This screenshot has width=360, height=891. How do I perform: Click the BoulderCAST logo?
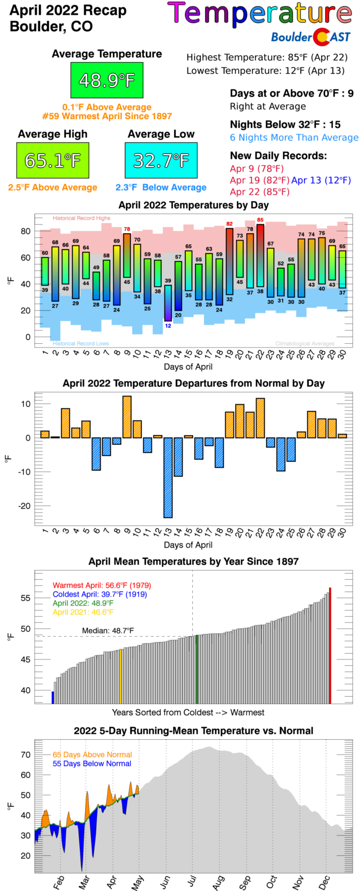pos(310,37)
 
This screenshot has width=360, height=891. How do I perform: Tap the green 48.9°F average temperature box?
pos(107,80)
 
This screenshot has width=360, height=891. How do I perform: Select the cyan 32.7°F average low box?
pos(161,160)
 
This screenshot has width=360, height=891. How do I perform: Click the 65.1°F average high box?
pos(53,160)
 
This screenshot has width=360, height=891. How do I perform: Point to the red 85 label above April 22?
pos(260,220)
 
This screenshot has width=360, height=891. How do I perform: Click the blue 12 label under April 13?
pos(168,326)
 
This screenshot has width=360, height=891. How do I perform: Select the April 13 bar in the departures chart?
pos(168,477)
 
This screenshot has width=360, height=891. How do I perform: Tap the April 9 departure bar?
pos(127,417)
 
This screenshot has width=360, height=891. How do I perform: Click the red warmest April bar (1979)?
pos(330,646)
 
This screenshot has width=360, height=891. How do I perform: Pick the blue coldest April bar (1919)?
pos(53,697)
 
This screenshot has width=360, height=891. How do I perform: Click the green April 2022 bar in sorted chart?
pos(197,669)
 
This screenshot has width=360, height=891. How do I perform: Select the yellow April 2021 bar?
pos(120,676)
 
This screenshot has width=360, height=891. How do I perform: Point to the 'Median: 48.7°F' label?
pos(108,631)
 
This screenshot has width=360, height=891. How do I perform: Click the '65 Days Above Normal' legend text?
pos(92,755)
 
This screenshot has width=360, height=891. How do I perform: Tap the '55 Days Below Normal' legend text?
pos(92,764)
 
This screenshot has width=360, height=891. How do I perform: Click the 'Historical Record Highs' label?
pos(81,218)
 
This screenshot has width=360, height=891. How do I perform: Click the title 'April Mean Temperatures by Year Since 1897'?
pos(193,562)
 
